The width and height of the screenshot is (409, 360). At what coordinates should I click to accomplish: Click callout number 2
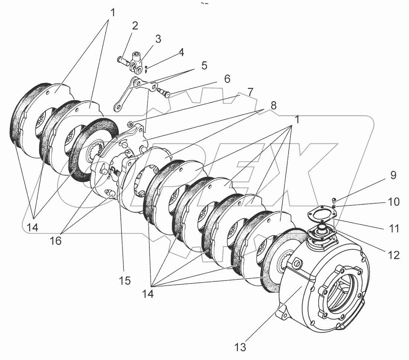[135, 26]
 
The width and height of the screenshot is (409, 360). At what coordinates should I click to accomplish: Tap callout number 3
[158, 39]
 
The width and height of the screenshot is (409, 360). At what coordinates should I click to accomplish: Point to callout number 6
[227, 79]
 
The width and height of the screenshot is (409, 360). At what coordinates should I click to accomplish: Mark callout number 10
[393, 202]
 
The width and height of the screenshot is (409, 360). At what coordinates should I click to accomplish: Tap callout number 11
[393, 228]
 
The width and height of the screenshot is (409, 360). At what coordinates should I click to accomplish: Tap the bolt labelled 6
[164, 92]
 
